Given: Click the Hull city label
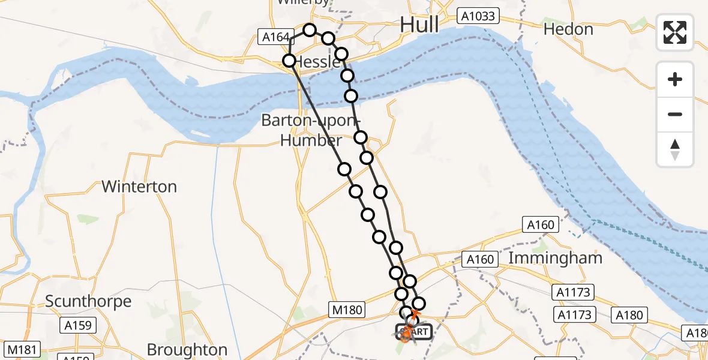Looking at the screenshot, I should tap(419, 25).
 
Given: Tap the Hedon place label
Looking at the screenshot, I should tap(568, 29).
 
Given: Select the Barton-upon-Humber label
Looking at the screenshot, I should tap(302, 130).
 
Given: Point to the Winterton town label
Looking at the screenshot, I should tap(139, 187).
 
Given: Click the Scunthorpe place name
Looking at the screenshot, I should tap(88, 301).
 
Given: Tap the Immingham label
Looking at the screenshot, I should tap(555, 259).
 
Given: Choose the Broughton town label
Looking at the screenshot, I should tap(187, 349).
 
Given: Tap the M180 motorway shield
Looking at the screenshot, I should tap(347, 310).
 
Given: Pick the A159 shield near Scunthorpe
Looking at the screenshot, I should tap(77, 326).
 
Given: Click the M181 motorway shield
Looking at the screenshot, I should tap(20, 349).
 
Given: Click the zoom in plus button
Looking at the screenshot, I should tap(675, 79).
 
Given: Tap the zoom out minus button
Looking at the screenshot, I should tap(675, 114).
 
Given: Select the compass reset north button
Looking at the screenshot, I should tap(675, 149).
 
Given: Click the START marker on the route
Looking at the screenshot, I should tap(413, 331).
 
